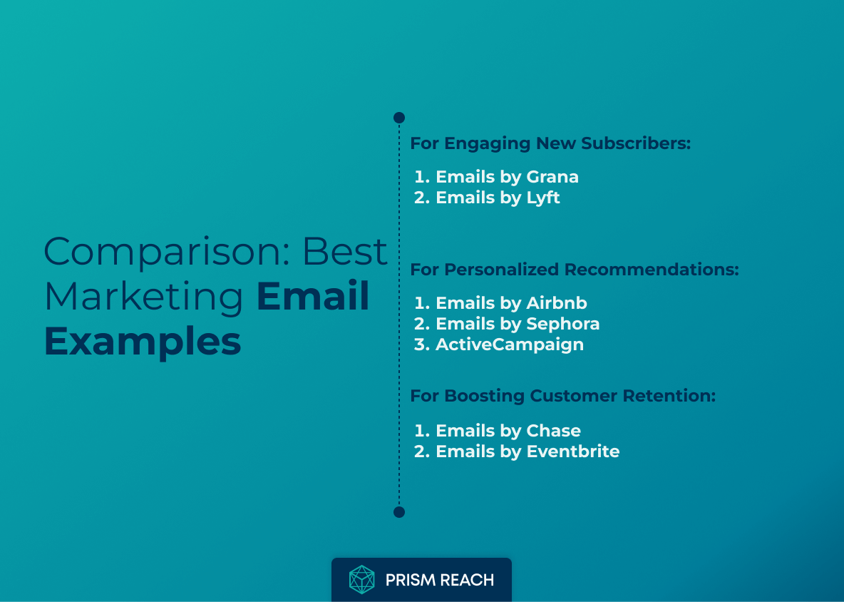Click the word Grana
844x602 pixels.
(x=552, y=177)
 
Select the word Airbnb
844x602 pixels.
(x=557, y=303)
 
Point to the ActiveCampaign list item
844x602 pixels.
(x=509, y=345)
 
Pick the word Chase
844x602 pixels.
(x=553, y=431)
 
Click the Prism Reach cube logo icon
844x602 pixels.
(x=361, y=580)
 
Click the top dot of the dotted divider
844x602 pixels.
(x=399, y=118)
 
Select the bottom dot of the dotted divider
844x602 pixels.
(x=399, y=512)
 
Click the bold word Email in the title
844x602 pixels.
(x=313, y=297)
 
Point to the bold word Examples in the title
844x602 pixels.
(x=143, y=342)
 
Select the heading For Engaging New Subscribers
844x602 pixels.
(x=550, y=143)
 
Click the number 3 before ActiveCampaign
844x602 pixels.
(x=420, y=345)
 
